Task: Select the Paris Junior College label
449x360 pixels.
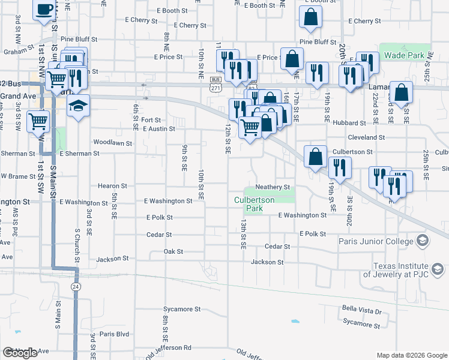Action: pos(379,242)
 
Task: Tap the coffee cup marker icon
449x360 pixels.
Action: pos(44,10)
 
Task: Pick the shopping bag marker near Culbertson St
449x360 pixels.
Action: pos(315,158)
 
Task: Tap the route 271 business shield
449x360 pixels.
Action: pos(215,84)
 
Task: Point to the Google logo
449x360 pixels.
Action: pos(20,353)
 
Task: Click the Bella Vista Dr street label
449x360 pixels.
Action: pos(362,311)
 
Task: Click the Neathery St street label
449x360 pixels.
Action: pos(273,187)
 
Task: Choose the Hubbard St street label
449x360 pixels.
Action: pos(349,123)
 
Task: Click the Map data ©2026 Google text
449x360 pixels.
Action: pos(411,355)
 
